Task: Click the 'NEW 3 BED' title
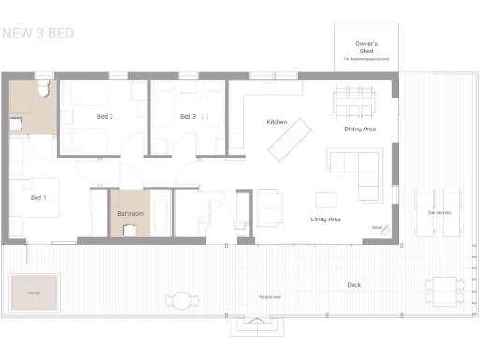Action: pyautogui.click(x=38, y=34)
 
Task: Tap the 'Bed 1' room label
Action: pyautogui.click(x=38, y=198)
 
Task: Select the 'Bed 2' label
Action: pyautogui.click(x=105, y=117)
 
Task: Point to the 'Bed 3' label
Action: pyautogui.click(x=187, y=117)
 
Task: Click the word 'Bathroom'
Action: pyautogui.click(x=130, y=214)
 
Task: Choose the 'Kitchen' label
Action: pyautogui.click(x=276, y=123)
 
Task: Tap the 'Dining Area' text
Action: pyautogui.click(x=360, y=128)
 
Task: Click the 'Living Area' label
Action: pyautogui.click(x=325, y=219)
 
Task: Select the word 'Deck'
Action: pyautogui.click(x=353, y=283)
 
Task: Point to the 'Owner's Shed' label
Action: pyautogui.click(x=366, y=48)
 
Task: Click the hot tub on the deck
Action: pyautogui.click(x=35, y=293)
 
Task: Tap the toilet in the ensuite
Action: pyautogui.click(x=43, y=91)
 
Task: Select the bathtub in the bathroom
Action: pyautogui.click(x=160, y=215)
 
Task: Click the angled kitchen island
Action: pyautogui.click(x=291, y=138)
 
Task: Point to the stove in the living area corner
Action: pyautogui.click(x=378, y=226)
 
